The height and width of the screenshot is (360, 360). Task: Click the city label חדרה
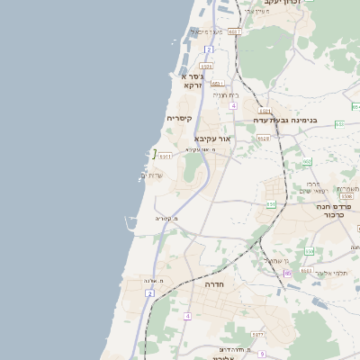[x=214, y=283]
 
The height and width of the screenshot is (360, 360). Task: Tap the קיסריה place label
[x=179, y=118]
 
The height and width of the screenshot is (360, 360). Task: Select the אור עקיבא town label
[x=213, y=139]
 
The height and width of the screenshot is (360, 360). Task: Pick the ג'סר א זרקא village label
[x=192, y=81]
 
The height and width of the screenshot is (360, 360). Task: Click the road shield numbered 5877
[x=258, y=335]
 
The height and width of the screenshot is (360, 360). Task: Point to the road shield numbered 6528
[x=263, y=138]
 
